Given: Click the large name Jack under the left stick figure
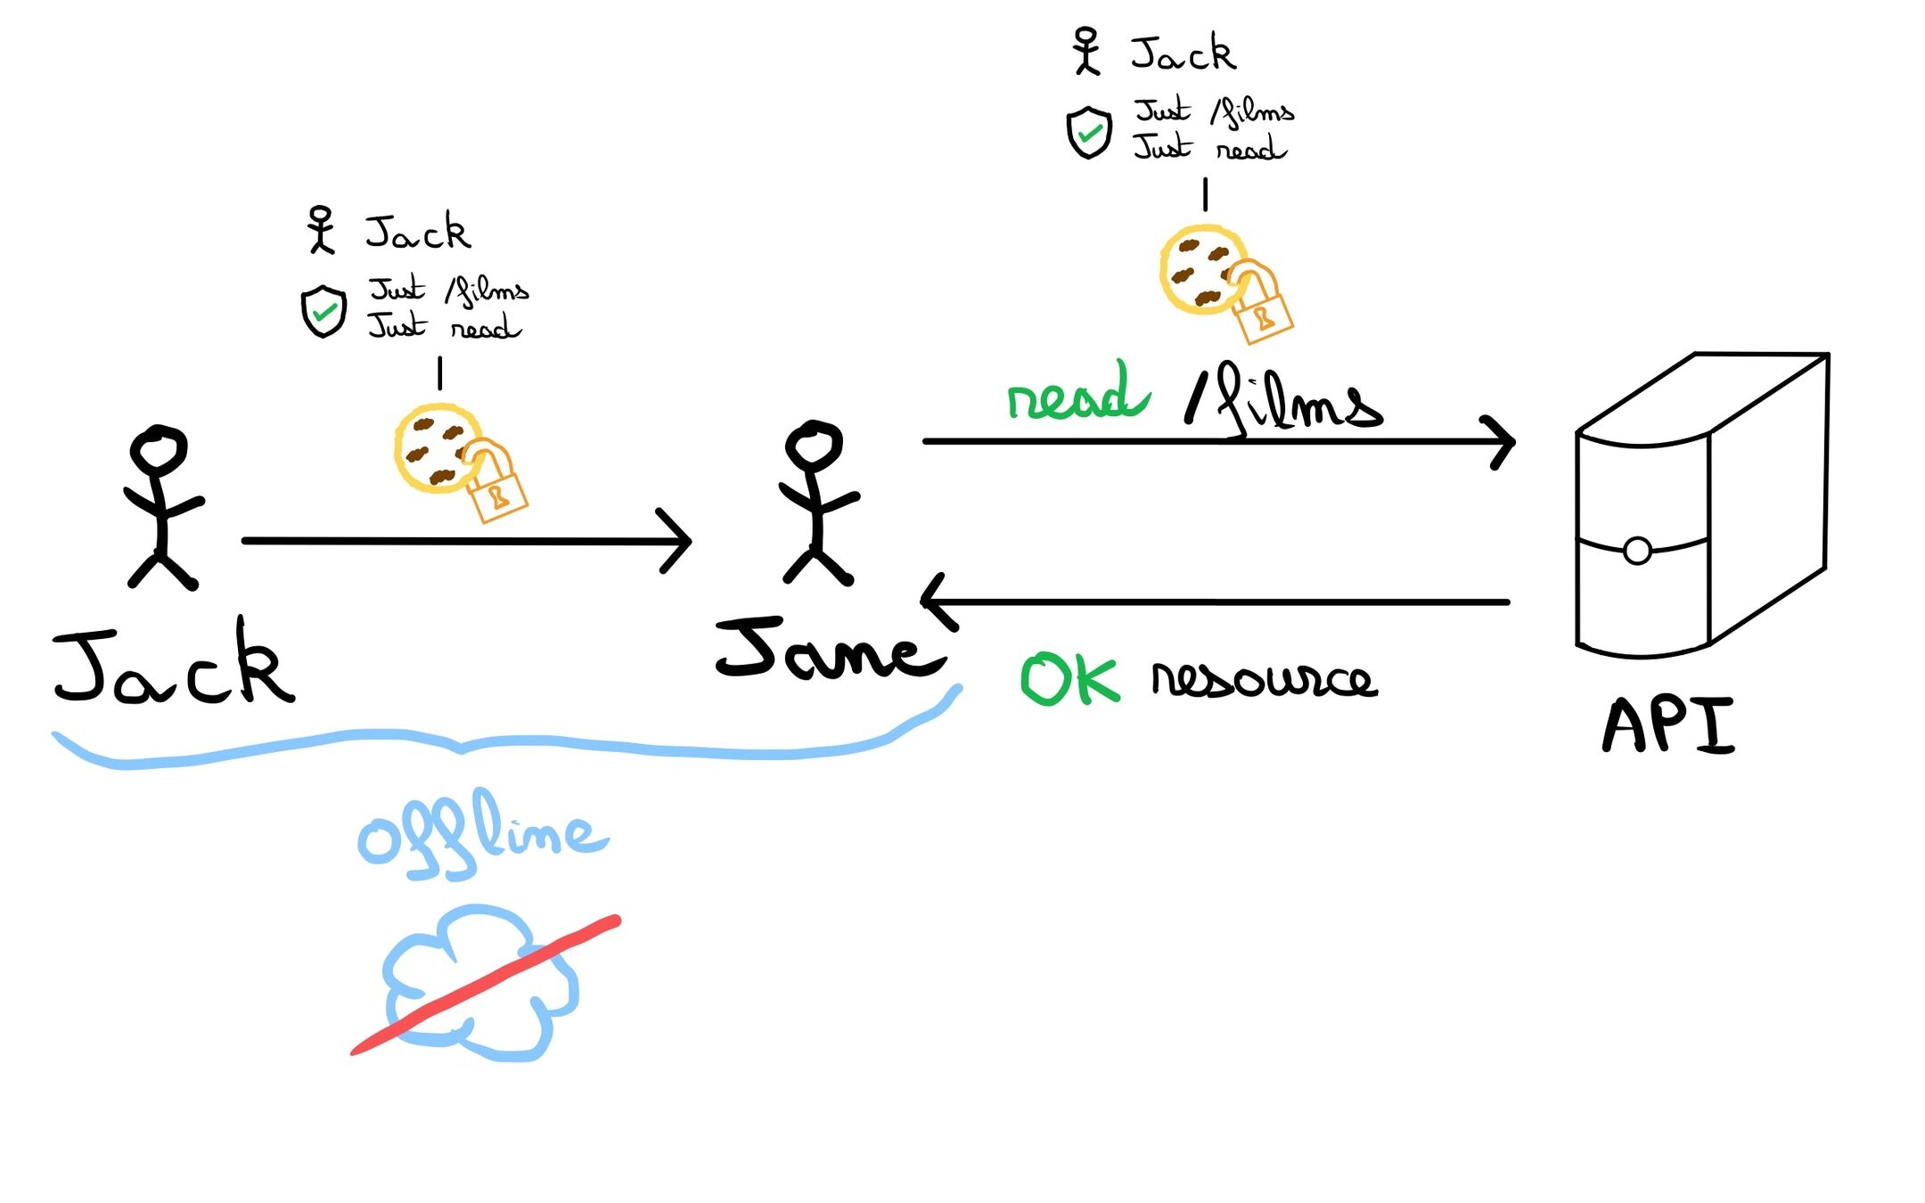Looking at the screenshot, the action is (x=174, y=664).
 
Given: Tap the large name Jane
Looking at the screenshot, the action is (x=829, y=651).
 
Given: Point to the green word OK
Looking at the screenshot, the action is (x=1069, y=680).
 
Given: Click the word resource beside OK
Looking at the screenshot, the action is (x=1264, y=680).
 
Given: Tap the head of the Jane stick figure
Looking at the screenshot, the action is (x=813, y=443).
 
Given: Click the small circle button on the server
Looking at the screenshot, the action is (x=1637, y=551).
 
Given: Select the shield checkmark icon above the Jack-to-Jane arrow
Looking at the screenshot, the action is (x=324, y=311).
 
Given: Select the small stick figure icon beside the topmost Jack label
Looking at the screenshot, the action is (x=1086, y=51).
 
